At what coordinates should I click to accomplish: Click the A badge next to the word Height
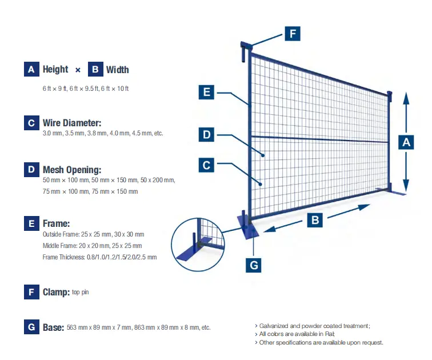pos(31,70)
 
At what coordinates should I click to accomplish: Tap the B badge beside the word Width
pos(95,70)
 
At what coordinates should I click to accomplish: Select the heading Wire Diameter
pos(71,123)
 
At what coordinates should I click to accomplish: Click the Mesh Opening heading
pos(71,170)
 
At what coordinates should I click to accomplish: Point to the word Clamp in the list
pos(56,293)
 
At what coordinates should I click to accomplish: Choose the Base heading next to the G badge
pos(54,327)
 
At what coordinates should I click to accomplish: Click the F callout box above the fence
pos(293,34)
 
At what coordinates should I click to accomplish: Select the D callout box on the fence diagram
pos(206,135)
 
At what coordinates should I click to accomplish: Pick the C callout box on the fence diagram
pos(206,166)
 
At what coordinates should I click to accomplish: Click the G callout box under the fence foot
pos(254,265)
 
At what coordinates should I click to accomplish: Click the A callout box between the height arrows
pos(406,142)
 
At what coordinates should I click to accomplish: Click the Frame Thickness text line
pos(99,257)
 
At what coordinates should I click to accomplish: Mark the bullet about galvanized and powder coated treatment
pos(313,326)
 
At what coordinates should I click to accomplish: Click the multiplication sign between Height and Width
pos(78,70)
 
